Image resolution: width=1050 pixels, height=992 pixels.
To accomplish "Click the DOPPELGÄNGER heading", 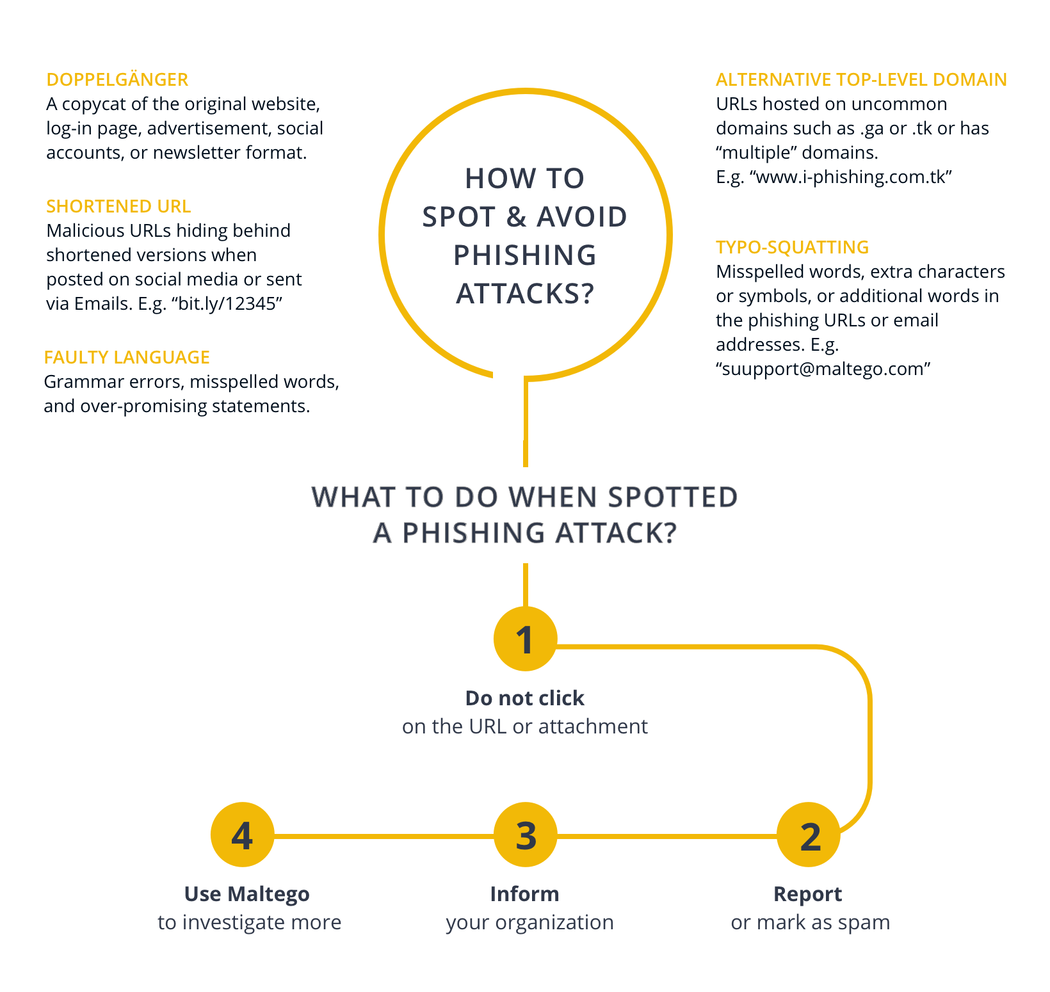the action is click(x=117, y=79).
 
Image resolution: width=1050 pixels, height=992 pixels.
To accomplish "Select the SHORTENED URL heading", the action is click(x=118, y=206).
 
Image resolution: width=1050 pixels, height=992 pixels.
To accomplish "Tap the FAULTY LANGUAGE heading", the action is click(x=127, y=357).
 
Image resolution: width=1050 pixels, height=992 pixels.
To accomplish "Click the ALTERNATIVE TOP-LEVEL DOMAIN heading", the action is click(x=861, y=79).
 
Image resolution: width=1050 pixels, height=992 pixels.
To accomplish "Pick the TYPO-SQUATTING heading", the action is click(x=793, y=247).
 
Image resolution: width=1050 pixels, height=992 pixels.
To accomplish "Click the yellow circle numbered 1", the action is click(x=525, y=639).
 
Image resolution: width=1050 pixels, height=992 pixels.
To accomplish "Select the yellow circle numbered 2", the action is click(x=809, y=835).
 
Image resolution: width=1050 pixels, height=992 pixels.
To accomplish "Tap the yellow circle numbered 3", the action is click(x=525, y=835).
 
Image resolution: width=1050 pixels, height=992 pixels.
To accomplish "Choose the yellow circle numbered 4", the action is click(x=243, y=835).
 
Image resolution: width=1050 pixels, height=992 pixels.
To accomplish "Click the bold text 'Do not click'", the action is click(x=525, y=698).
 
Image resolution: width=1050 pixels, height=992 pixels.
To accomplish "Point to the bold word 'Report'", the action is click(x=808, y=894).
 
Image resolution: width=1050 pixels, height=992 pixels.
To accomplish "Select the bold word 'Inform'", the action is click(x=525, y=893).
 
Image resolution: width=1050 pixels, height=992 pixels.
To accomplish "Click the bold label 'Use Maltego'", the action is click(x=247, y=894).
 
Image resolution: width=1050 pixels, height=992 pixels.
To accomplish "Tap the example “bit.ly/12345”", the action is click(x=227, y=303).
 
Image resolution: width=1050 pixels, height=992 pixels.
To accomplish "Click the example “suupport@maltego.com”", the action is click(x=823, y=369).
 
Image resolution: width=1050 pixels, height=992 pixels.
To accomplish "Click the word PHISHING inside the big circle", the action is click(x=525, y=255).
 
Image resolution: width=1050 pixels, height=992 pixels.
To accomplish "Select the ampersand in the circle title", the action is click(x=517, y=217).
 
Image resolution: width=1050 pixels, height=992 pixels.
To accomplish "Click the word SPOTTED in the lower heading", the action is click(x=673, y=497).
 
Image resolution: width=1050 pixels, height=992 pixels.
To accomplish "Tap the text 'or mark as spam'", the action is click(x=811, y=922).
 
